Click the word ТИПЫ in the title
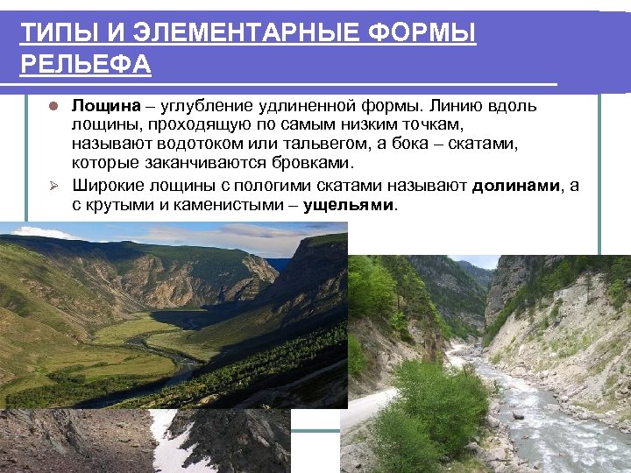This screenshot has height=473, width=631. point(52,34)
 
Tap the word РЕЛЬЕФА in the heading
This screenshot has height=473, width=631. point(86,65)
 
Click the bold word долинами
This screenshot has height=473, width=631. point(516,185)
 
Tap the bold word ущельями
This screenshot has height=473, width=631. point(351,204)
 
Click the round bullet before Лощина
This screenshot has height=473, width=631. point(53,107)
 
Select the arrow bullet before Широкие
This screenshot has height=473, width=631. point(53,185)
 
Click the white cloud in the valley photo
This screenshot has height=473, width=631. point(35,233)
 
